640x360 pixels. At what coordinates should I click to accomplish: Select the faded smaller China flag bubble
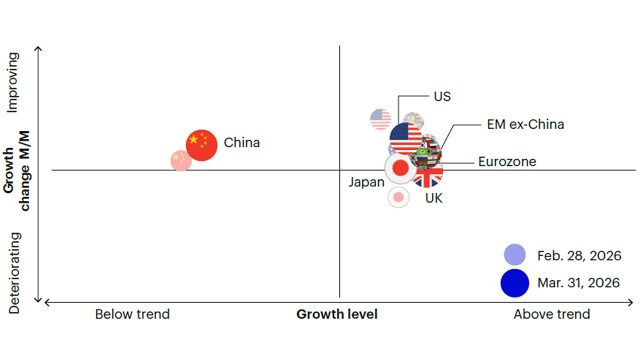click(x=181, y=160)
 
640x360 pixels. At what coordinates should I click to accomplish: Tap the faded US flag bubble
click(x=380, y=119)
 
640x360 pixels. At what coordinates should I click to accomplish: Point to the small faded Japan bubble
click(x=398, y=197)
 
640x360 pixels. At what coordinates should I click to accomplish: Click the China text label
click(x=241, y=143)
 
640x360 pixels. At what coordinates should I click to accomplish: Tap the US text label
click(x=442, y=96)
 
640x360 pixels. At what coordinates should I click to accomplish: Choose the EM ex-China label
click(x=525, y=124)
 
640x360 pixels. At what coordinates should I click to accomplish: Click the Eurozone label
click(x=506, y=162)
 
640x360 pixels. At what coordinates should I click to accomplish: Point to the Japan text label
click(x=366, y=182)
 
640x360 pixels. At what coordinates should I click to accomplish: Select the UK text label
click(x=433, y=198)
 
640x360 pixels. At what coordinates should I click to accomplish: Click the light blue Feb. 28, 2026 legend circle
click(x=514, y=255)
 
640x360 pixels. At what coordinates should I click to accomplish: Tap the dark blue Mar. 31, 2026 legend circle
click(x=514, y=283)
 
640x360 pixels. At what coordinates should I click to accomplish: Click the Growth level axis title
click(x=336, y=314)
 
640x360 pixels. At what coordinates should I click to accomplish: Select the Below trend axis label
click(x=132, y=314)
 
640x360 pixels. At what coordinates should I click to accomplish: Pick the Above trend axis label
click(x=551, y=314)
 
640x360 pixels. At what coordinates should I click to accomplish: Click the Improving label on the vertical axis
click(x=14, y=82)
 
